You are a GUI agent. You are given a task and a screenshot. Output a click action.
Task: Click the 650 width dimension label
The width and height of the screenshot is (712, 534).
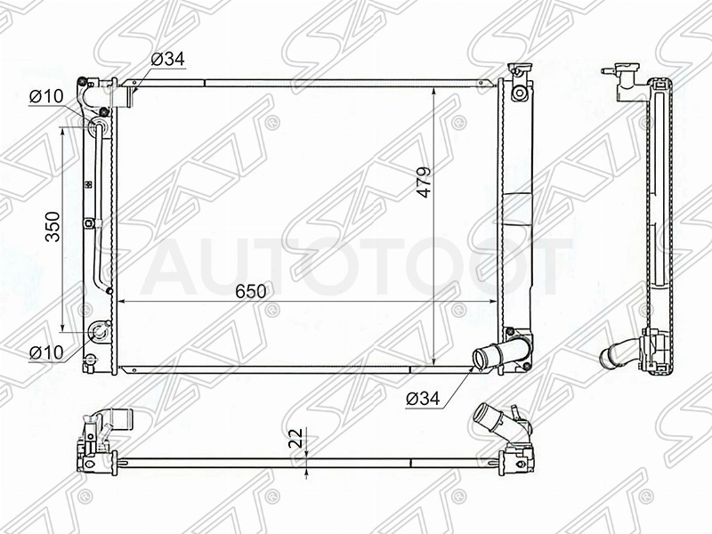251,291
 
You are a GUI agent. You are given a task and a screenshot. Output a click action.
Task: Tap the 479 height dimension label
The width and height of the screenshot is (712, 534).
425,182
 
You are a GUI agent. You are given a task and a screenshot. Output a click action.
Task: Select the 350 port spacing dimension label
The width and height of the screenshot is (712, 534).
53,227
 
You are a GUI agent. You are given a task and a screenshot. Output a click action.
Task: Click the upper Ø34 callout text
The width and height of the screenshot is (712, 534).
168,59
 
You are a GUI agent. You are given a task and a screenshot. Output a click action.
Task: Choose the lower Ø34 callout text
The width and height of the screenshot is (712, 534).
424,399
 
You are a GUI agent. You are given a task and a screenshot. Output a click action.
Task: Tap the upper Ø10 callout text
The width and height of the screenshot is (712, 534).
46,96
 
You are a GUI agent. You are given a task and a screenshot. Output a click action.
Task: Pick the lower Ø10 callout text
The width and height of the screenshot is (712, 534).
46,352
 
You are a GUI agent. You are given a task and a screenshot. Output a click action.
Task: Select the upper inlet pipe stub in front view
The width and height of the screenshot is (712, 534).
123,96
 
